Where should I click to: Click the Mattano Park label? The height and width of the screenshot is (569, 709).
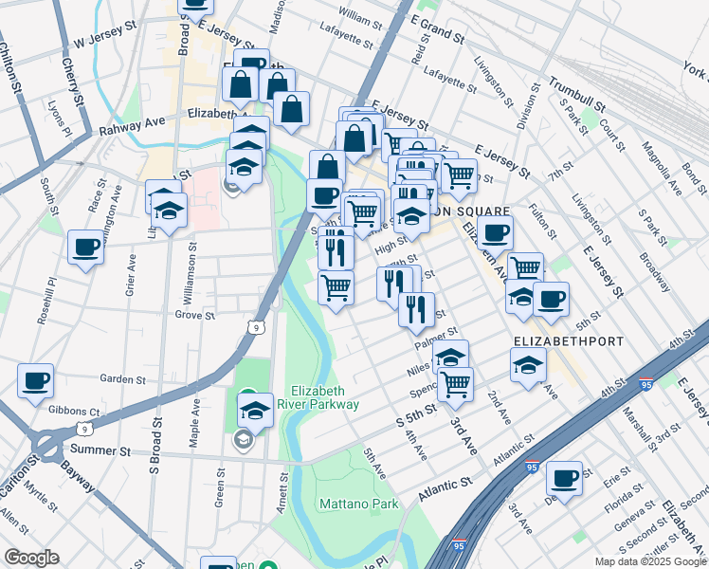coord(358,504)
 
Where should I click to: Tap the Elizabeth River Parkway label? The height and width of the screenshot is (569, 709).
coord(325,397)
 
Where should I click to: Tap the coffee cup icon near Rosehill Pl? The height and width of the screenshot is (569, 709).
coord(85,248)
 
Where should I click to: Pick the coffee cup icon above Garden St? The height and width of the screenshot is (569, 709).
coord(35,381)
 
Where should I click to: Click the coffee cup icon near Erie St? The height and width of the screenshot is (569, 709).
coord(564,478)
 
